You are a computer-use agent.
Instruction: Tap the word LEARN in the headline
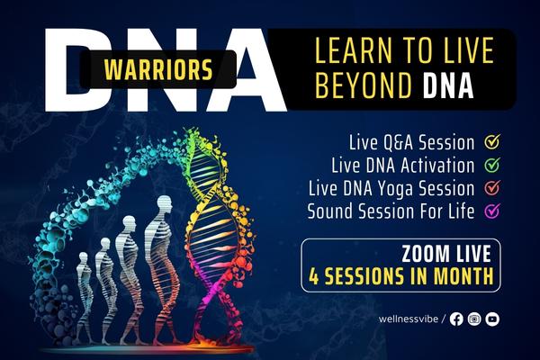[353, 51]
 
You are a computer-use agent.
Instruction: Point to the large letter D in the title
[85, 67]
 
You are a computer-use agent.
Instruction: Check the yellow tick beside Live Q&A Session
[492, 142]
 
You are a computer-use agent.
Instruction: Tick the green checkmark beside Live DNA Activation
[492, 166]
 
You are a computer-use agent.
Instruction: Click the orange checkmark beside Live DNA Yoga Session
[492, 189]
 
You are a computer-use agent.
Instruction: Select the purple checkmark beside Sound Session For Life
[492, 212]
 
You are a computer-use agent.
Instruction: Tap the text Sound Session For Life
[391, 212]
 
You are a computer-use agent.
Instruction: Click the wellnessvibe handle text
[402, 319]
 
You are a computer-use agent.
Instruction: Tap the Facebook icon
[456, 319]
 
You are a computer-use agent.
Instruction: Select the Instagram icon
[474, 319]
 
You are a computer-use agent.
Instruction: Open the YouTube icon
[492, 319]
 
